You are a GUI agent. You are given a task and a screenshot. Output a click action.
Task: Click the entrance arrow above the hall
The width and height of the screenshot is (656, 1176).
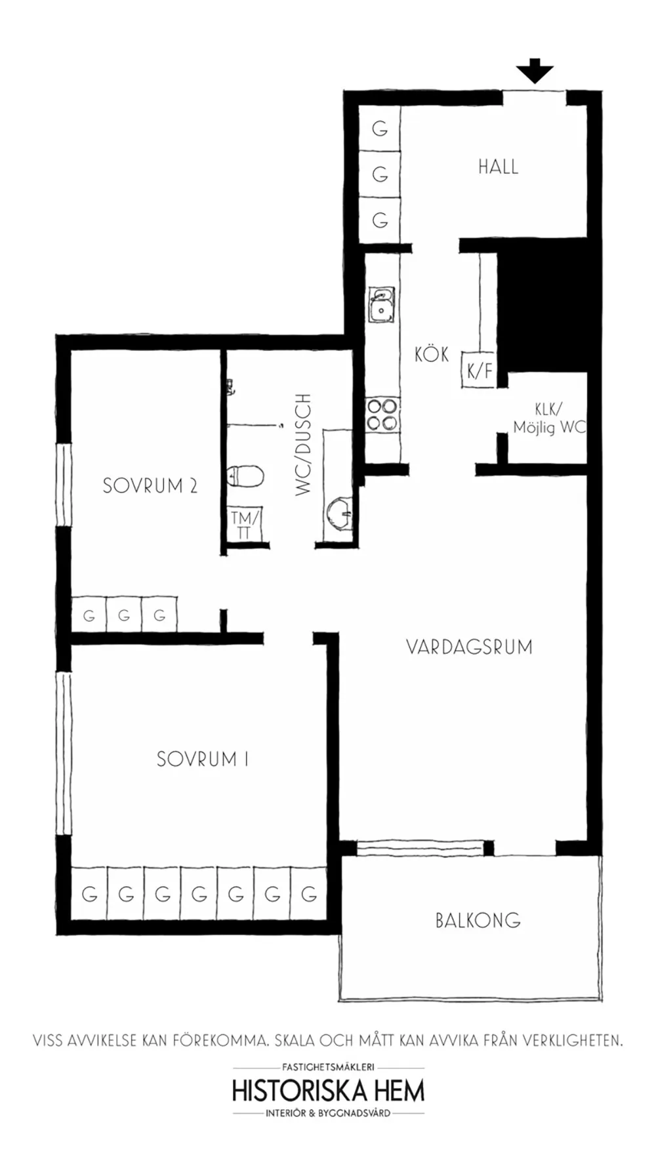point(534,71)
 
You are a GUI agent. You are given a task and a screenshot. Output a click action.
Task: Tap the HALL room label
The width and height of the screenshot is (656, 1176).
point(497,167)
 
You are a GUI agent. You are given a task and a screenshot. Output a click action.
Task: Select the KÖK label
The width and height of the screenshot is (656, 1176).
point(431,354)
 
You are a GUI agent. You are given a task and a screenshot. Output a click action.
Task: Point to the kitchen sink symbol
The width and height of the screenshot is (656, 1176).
point(380,305)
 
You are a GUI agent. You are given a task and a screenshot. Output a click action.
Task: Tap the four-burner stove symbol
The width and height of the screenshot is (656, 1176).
point(381,415)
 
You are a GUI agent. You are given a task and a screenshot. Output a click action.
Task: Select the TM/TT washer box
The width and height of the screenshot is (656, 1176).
point(245,523)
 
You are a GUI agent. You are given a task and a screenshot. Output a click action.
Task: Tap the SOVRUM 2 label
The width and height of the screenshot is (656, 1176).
point(150,486)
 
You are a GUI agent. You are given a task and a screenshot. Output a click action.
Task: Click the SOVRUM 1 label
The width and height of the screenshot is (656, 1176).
point(202,759)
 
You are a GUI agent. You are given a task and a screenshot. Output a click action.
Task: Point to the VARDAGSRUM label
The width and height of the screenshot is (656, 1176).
point(468,647)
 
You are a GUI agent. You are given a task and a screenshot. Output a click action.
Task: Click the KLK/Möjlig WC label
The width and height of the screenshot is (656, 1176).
point(548,418)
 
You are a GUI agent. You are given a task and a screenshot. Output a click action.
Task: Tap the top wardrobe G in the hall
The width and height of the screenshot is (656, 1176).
point(379,129)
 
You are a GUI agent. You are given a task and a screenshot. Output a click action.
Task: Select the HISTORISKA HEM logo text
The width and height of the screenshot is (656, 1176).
point(327,1091)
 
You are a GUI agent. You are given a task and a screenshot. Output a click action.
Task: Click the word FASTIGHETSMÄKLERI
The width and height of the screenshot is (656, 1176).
point(327,1068)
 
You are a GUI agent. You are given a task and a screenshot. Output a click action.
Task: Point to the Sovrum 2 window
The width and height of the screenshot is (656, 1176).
point(62,485)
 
